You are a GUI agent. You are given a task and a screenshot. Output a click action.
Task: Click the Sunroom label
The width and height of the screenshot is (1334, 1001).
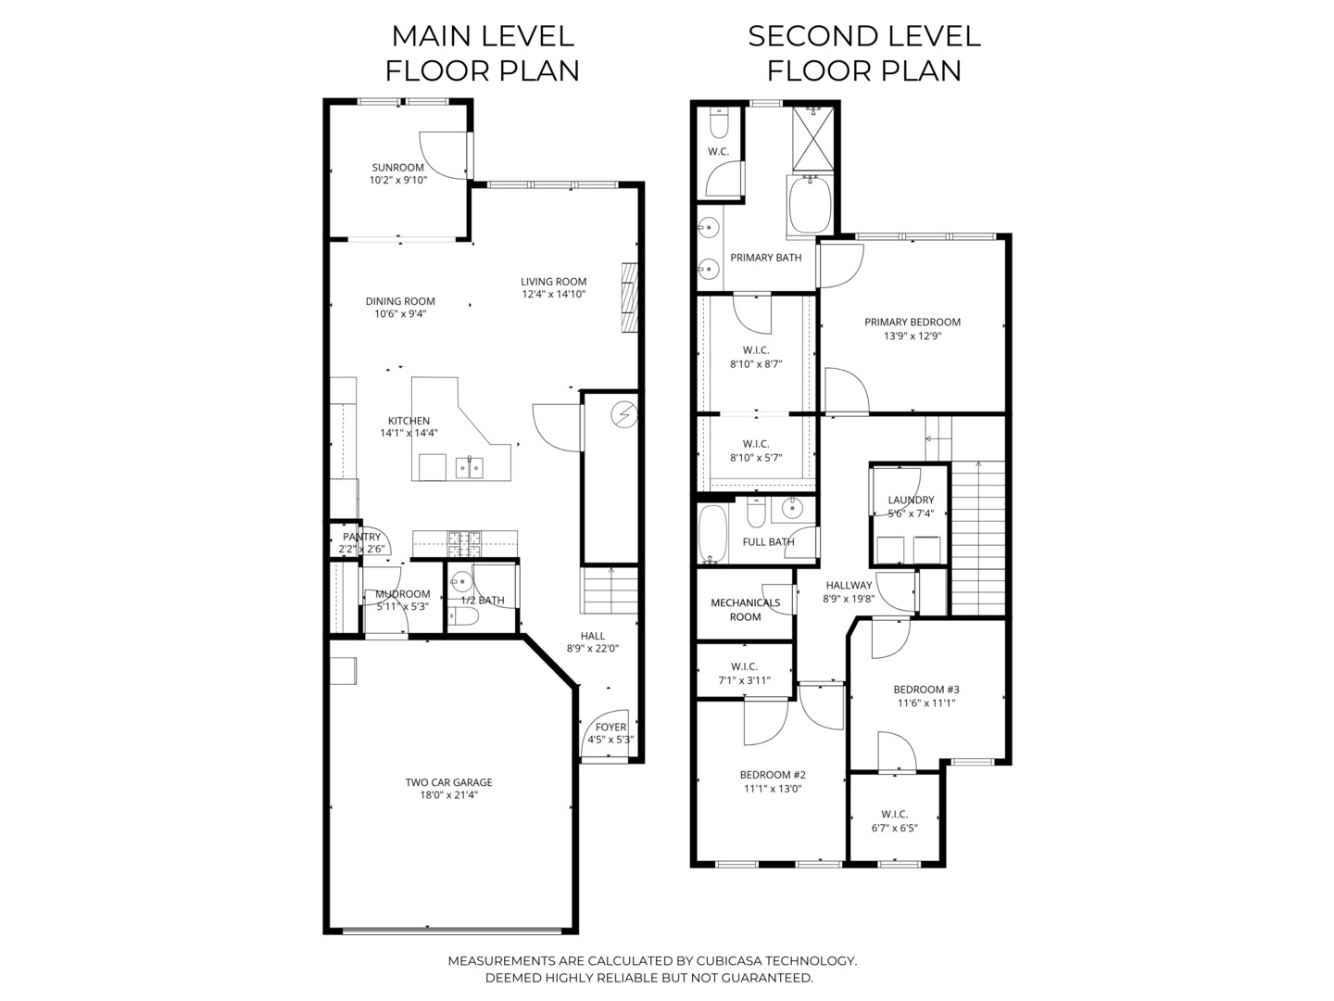click(397, 168)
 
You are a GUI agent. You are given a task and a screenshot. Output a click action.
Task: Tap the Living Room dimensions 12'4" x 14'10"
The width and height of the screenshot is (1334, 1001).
click(553, 295)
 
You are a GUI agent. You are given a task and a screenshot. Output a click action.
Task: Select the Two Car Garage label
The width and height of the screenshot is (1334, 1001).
click(448, 782)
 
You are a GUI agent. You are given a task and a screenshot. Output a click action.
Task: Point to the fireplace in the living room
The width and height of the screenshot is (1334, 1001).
click(630, 297)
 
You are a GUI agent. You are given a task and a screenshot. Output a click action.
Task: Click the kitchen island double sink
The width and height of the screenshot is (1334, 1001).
click(469, 467)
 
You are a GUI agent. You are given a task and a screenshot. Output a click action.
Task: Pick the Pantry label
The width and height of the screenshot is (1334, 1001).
click(361, 537)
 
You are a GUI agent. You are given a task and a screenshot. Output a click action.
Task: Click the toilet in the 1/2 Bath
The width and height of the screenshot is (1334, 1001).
click(466, 616)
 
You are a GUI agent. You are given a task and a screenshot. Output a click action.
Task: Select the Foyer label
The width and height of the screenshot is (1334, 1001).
click(610, 727)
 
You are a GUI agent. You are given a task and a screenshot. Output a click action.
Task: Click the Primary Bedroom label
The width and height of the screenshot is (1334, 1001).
click(912, 323)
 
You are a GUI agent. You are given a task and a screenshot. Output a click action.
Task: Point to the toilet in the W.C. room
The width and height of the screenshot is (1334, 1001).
click(719, 121)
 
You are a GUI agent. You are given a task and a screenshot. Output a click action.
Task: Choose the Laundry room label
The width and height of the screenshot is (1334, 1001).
click(911, 500)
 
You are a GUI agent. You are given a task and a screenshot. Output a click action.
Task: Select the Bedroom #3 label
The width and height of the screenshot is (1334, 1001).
click(925, 690)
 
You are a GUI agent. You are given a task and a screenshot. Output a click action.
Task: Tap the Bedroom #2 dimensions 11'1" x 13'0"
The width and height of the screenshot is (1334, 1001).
click(772, 790)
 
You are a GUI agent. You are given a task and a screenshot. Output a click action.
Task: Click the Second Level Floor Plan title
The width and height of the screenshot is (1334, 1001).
click(863, 53)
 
